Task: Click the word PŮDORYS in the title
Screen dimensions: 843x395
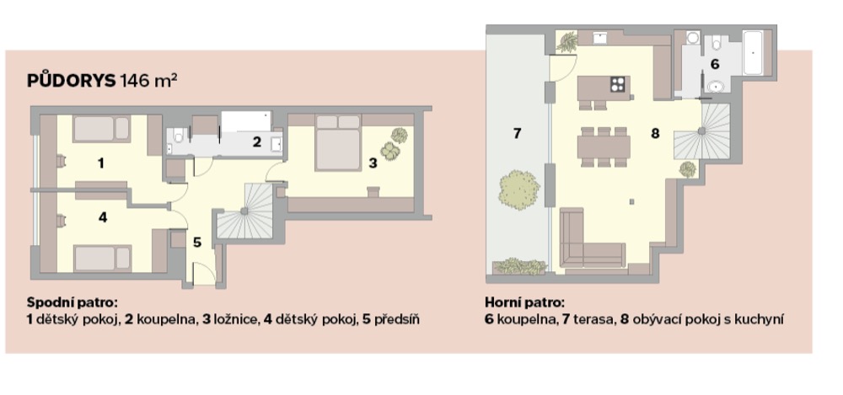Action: pos(71,81)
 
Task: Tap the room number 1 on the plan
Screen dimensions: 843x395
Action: pos(100,163)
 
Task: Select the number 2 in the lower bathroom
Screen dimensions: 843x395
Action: pos(257,142)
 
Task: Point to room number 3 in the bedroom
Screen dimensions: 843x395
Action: pos(373,163)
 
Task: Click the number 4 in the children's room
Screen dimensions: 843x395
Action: pos(103,217)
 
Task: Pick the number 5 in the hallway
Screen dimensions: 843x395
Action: pos(197,243)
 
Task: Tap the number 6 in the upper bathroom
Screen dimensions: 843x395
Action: pos(715,64)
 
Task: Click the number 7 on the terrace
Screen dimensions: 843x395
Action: pos(517,133)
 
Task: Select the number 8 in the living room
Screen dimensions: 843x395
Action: pos(655,133)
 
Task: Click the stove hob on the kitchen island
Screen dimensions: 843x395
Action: pos(618,84)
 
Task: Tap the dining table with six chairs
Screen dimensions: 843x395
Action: pos(604,147)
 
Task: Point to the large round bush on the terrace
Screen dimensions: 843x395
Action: pos(518,189)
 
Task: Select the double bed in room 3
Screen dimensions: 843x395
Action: pos(338,142)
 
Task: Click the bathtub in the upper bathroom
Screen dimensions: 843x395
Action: pos(753,53)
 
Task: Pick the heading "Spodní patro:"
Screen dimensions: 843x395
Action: pos(72,302)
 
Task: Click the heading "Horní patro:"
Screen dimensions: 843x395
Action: pos(524,302)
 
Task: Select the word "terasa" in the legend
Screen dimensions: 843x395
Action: pos(592,320)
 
